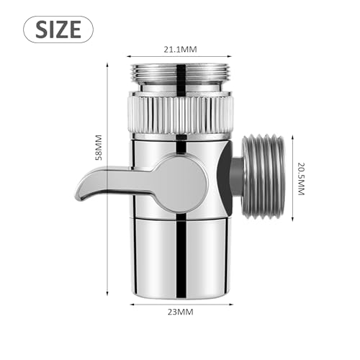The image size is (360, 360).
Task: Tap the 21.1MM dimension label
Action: tap(181, 49)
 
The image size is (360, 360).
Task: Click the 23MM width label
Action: tap(181, 312)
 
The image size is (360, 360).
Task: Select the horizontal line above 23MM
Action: tap(181, 302)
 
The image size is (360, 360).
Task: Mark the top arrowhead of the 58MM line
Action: tap(108, 63)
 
